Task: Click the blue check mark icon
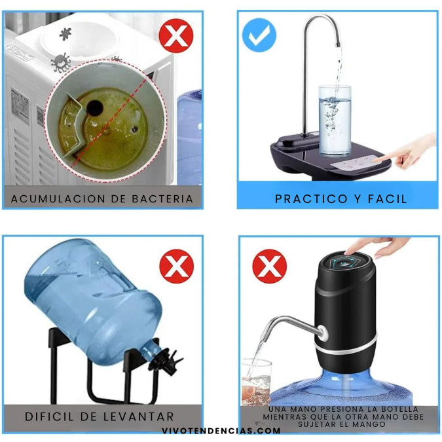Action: pyautogui.click(x=259, y=35)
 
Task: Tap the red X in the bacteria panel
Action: pyautogui.click(x=176, y=36)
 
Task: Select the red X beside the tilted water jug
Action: pyautogui.click(x=177, y=267)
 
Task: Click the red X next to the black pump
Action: pyautogui.click(x=270, y=267)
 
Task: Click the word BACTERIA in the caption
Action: pyautogui.click(x=162, y=198)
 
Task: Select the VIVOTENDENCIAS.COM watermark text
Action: pyautogui.click(x=221, y=431)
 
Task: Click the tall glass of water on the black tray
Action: pyautogui.click(x=335, y=120)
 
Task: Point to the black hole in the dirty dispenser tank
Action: pyautogui.click(x=94, y=108)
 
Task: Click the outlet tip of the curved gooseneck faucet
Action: pyautogui.click(x=338, y=44)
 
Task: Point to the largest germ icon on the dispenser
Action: pyautogui.click(x=61, y=63)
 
